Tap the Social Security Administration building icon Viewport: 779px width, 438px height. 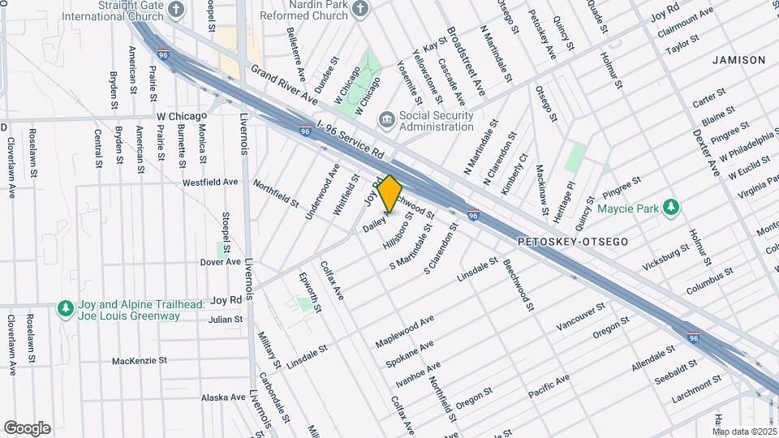[387, 121]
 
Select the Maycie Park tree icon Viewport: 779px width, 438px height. [671, 208]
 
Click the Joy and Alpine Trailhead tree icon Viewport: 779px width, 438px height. [65, 308]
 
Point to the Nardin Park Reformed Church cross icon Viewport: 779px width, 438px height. [360, 9]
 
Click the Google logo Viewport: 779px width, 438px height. [27, 427]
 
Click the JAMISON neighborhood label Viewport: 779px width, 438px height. [738, 60]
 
